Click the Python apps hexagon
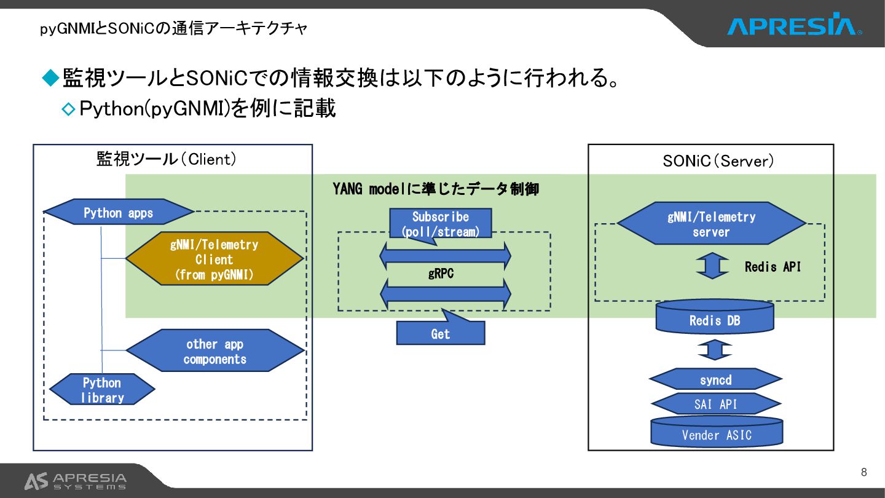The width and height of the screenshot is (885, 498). pyautogui.click(x=119, y=213)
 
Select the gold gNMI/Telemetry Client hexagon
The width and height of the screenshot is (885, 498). pyautogui.click(x=214, y=259)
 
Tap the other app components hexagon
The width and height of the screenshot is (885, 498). pyautogui.click(x=215, y=351)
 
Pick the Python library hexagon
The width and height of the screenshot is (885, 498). pyautogui.click(x=102, y=390)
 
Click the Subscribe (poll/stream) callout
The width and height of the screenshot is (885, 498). pyautogui.click(x=440, y=224)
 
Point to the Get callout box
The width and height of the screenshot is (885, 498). pyautogui.click(x=440, y=333)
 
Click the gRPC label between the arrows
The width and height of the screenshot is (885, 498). pyautogui.click(x=441, y=274)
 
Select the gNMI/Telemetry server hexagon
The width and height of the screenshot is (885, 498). pyautogui.click(x=711, y=224)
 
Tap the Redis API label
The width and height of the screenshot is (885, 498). pyautogui.click(x=773, y=267)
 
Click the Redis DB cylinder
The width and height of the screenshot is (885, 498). pyautogui.click(x=715, y=318)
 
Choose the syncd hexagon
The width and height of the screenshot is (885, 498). pyautogui.click(x=716, y=379)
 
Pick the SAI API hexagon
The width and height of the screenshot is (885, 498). pyautogui.click(x=716, y=404)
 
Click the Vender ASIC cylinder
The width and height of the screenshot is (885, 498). pyautogui.click(x=717, y=433)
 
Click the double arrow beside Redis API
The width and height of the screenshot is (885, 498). pyautogui.click(x=712, y=266)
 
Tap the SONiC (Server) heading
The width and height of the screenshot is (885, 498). pyautogui.click(x=718, y=161)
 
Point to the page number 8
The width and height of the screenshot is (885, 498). pyautogui.click(x=863, y=472)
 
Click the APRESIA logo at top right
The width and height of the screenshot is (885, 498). pyautogui.click(x=793, y=26)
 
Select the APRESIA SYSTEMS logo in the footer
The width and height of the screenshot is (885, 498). pyautogui.click(x=76, y=481)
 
